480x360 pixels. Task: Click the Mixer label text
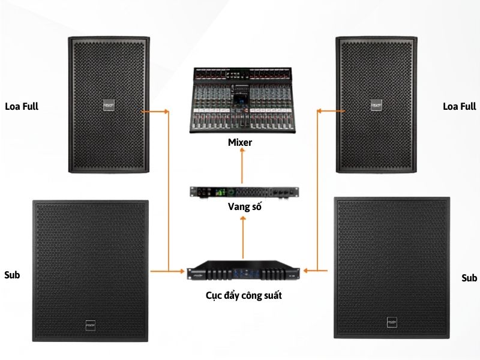(x=240, y=142)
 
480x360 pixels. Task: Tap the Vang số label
(x=245, y=206)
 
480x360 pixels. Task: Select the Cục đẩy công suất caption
(x=244, y=295)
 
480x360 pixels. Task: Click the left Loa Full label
(x=22, y=107)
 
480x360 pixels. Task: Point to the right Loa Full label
(x=460, y=107)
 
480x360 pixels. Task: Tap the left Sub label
(x=12, y=275)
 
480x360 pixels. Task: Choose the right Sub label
(x=469, y=278)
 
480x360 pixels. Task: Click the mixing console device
(x=242, y=100)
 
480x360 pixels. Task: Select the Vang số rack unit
(x=244, y=193)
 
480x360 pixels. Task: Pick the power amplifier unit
(x=244, y=271)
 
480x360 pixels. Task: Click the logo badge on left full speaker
(x=109, y=106)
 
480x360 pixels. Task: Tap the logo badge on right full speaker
(x=376, y=105)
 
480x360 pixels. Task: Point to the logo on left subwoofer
(x=91, y=325)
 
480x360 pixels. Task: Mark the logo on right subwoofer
(x=392, y=322)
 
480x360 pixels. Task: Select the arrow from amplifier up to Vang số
(x=243, y=238)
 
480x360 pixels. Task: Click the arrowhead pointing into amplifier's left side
(x=182, y=271)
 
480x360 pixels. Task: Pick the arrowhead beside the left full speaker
(x=167, y=112)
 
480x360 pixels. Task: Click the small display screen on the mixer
(x=238, y=100)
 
